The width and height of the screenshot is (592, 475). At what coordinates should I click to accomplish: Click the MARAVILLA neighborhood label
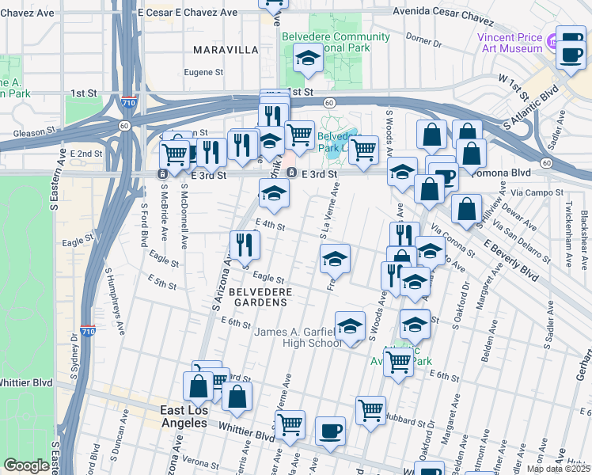226,49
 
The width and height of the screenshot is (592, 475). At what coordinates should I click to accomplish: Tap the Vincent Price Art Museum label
510,43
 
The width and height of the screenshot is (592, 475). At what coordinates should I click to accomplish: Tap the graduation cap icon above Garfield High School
350,325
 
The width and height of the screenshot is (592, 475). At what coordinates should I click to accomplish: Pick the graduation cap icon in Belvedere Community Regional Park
307,57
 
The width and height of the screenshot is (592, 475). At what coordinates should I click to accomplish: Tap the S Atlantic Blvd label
537,108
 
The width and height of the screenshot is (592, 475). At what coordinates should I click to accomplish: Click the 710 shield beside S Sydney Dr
88,332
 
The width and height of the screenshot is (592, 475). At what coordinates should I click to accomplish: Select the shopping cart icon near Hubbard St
370,410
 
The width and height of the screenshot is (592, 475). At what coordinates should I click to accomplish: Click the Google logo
26,465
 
